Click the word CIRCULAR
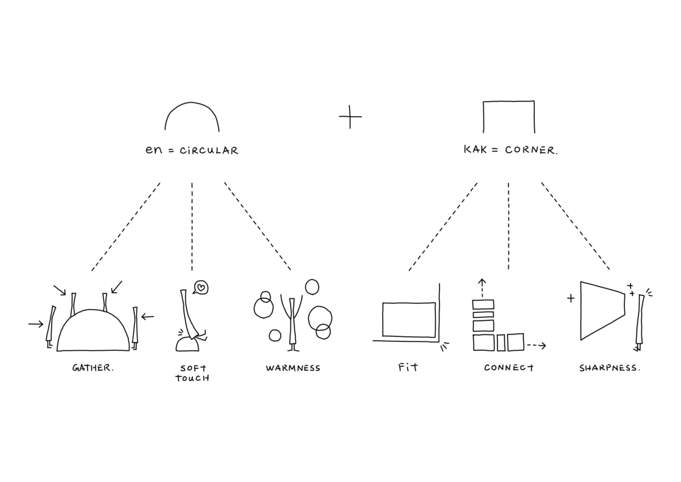pos(209,151)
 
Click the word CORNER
pos(531,151)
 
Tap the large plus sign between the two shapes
pos(350,117)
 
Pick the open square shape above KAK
pos(509,116)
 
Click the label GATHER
pos(93,368)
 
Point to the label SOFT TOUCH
pos(192,373)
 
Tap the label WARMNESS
pos(293,368)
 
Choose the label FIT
pos(408,367)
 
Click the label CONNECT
pos(509,368)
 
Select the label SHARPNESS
pos(610,368)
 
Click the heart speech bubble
pos(201,288)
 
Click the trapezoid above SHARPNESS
pos(600,309)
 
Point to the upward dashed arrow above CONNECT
pos(482,287)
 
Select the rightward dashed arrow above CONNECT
pos(536,346)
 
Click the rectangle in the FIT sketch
pos(409,320)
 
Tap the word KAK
pos(475,150)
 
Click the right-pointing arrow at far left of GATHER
pos(36,324)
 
